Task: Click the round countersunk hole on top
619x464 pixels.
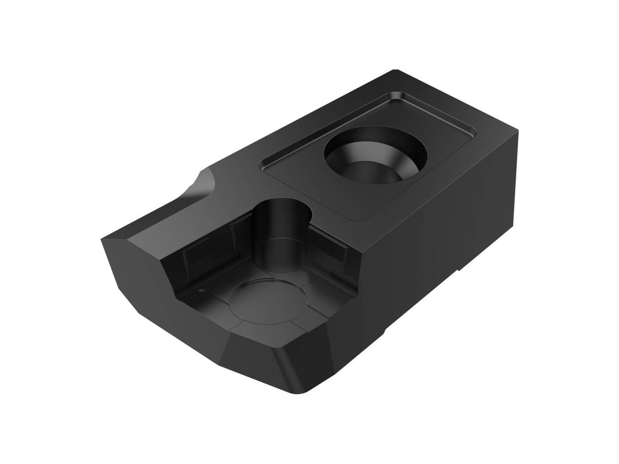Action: (375, 155)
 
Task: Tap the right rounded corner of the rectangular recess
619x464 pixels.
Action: (470, 135)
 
